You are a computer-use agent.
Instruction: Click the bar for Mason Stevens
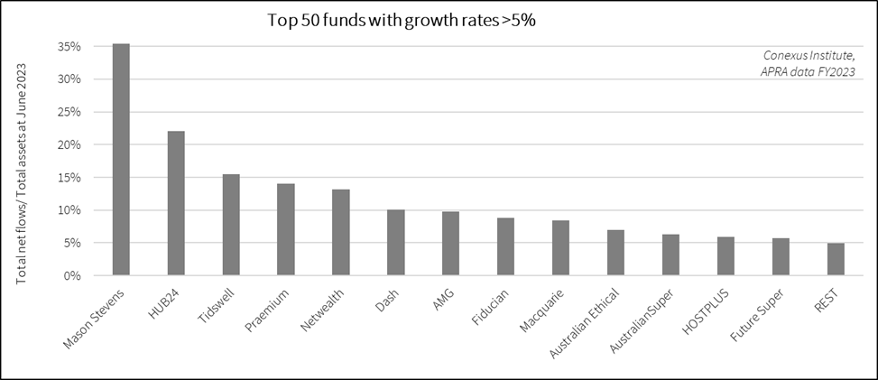tap(121, 160)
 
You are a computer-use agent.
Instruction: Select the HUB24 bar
tap(176, 203)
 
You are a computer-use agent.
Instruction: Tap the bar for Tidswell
tap(231, 225)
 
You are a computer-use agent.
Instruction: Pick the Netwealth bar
tap(340, 232)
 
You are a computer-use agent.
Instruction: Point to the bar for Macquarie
tap(560, 247)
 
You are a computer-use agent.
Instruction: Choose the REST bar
tap(836, 259)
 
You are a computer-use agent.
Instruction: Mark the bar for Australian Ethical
tap(615, 253)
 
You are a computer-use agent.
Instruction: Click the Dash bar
tap(395, 243)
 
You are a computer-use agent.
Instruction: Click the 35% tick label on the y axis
tap(70, 46)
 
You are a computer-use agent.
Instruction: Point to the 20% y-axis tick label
tap(70, 144)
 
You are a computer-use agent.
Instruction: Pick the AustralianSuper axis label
tap(648, 320)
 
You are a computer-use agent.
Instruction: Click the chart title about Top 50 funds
tap(402, 20)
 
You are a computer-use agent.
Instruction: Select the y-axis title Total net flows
tap(22, 166)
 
